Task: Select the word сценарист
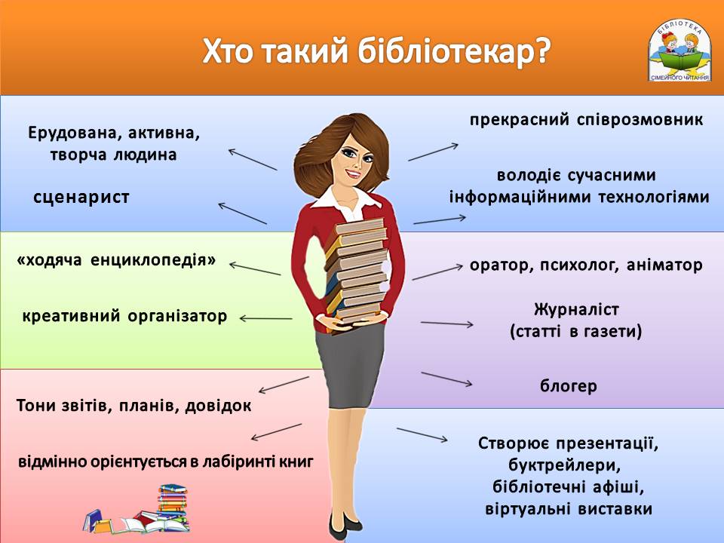[81, 198]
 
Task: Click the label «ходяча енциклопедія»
[117, 261]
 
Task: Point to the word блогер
[568, 387]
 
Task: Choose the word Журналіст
[575, 309]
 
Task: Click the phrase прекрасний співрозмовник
[586, 119]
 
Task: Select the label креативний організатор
[124, 316]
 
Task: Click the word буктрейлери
[569, 464]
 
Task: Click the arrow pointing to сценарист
[242, 213]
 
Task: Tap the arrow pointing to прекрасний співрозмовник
[434, 150]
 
